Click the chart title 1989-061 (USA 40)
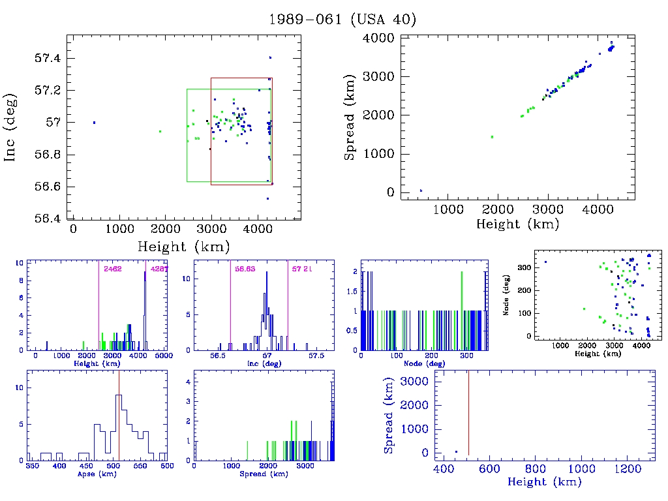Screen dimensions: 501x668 coord(342,19)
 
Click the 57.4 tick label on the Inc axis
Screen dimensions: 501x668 coord(47,58)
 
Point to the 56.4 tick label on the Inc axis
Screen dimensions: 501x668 coord(47,218)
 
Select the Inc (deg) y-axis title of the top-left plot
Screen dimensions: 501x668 coord(11,138)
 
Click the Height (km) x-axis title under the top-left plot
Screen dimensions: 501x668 coord(183,246)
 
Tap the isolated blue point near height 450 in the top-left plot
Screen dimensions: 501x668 coord(94,123)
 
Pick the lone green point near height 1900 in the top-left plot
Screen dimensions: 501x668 coord(160,131)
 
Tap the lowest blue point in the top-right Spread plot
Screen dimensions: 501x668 coord(421,190)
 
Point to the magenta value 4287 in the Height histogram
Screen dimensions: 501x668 coord(159,269)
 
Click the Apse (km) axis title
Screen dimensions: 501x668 coord(96,474)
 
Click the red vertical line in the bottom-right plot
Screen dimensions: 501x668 coord(468,411)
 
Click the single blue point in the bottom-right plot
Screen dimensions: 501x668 coord(456,451)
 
